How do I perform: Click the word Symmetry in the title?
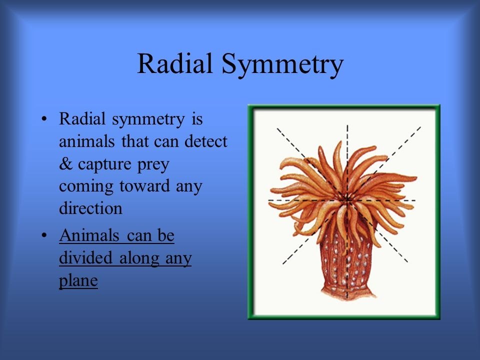pyautogui.click(x=282, y=65)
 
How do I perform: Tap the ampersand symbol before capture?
pyautogui.click(x=65, y=164)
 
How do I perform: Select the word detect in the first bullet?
pyautogui.click(x=205, y=141)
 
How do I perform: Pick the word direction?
pyautogui.click(x=90, y=208)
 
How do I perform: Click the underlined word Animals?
pyautogui.click(x=89, y=235)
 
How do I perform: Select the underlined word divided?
pyautogui.click(x=85, y=258)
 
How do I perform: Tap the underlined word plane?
pyautogui.click(x=78, y=280)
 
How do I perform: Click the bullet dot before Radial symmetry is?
pyautogui.click(x=44, y=119)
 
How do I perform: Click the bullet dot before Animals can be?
pyautogui.click(x=44, y=235)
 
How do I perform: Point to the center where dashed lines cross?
pyautogui.click(x=347, y=200)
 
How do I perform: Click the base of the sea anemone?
pyautogui.click(x=347, y=292)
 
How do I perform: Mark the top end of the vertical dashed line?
pyautogui.click(x=347, y=125)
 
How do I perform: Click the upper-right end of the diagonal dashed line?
pyautogui.click(x=420, y=127)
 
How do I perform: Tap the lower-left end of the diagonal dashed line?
pyautogui.click(x=283, y=263)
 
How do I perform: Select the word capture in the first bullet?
pyautogui.click(x=104, y=165)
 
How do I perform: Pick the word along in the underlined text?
pyautogui.click(x=138, y=258)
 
